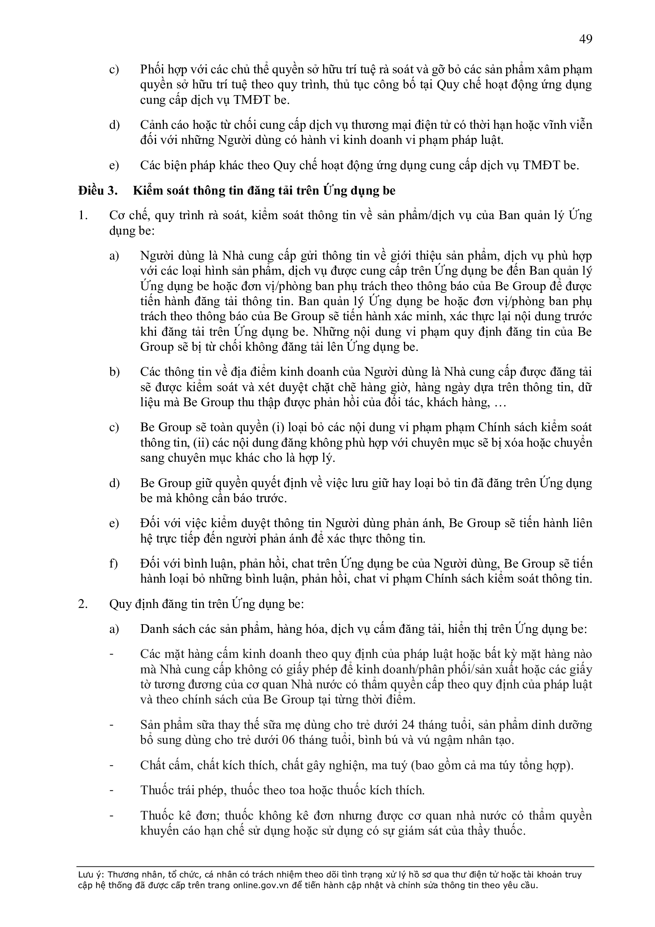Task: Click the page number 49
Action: point(585,39)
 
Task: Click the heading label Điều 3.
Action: point(98,191)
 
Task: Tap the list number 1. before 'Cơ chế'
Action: point(83,215)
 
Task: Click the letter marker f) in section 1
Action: point(113,564)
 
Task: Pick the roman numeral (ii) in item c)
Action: point(200,443)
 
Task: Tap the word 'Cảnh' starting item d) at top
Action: point(155,125)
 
